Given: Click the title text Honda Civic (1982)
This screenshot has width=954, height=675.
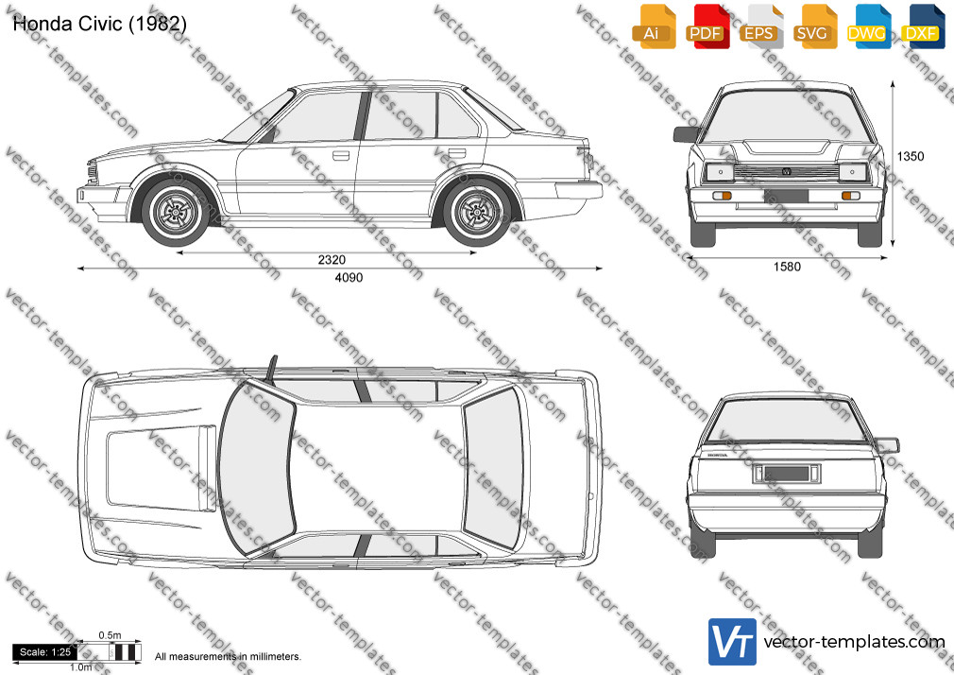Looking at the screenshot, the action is (99, 24).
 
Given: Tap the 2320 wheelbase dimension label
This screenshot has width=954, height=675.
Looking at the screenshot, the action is (332, 260).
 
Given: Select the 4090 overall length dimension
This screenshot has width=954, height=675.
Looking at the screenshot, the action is (349, 278).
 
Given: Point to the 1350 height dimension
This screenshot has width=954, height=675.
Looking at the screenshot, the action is (911, 157).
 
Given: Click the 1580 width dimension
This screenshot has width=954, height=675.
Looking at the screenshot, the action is (787, 267).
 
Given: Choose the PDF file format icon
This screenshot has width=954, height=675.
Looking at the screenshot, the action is (706, 26).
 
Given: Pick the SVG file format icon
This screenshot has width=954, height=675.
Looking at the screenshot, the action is (813, 26).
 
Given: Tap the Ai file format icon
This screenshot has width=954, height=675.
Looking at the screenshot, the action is (653, 26).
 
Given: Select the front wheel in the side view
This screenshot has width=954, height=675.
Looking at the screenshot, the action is (176, 213).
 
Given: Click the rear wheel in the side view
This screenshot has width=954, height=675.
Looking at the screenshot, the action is (477, 213).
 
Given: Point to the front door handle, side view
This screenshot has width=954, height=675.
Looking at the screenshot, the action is (341, 155).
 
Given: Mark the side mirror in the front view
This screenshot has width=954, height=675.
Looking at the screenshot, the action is (687, 134).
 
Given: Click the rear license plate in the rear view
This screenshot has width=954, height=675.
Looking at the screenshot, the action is (787, 474).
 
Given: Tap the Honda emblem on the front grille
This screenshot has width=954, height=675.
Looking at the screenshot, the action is (786, 172).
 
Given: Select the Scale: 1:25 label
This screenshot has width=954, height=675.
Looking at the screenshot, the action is (45, 652).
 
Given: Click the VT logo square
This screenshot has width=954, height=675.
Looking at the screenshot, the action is (733, 642).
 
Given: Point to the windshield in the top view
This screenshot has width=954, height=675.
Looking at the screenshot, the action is (257, 468).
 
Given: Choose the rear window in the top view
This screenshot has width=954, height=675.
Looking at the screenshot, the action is (493, 467).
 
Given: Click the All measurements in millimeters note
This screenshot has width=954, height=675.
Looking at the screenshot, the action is (228, 657).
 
